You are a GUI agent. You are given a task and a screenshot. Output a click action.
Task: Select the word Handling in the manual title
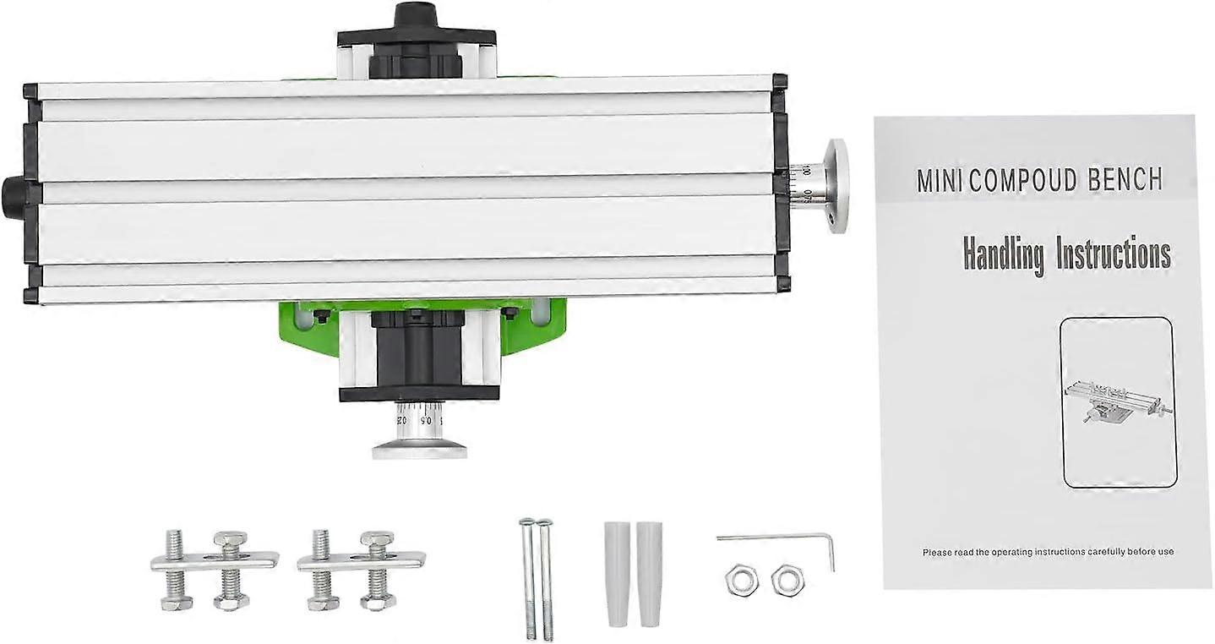[1004, 254]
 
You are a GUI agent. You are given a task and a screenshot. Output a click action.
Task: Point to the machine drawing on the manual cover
[1117, 401]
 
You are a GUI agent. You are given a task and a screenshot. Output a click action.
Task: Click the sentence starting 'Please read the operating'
[1048, 552]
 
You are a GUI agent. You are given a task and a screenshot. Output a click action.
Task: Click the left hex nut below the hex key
[741, 579]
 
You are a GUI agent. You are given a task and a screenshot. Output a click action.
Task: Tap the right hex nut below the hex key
[787, 579]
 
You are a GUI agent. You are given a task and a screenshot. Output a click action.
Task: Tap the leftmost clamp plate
[214, 561]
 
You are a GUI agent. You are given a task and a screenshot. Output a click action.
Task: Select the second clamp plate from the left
[361, 561]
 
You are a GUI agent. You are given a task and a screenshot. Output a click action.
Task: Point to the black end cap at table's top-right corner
[779, 82]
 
